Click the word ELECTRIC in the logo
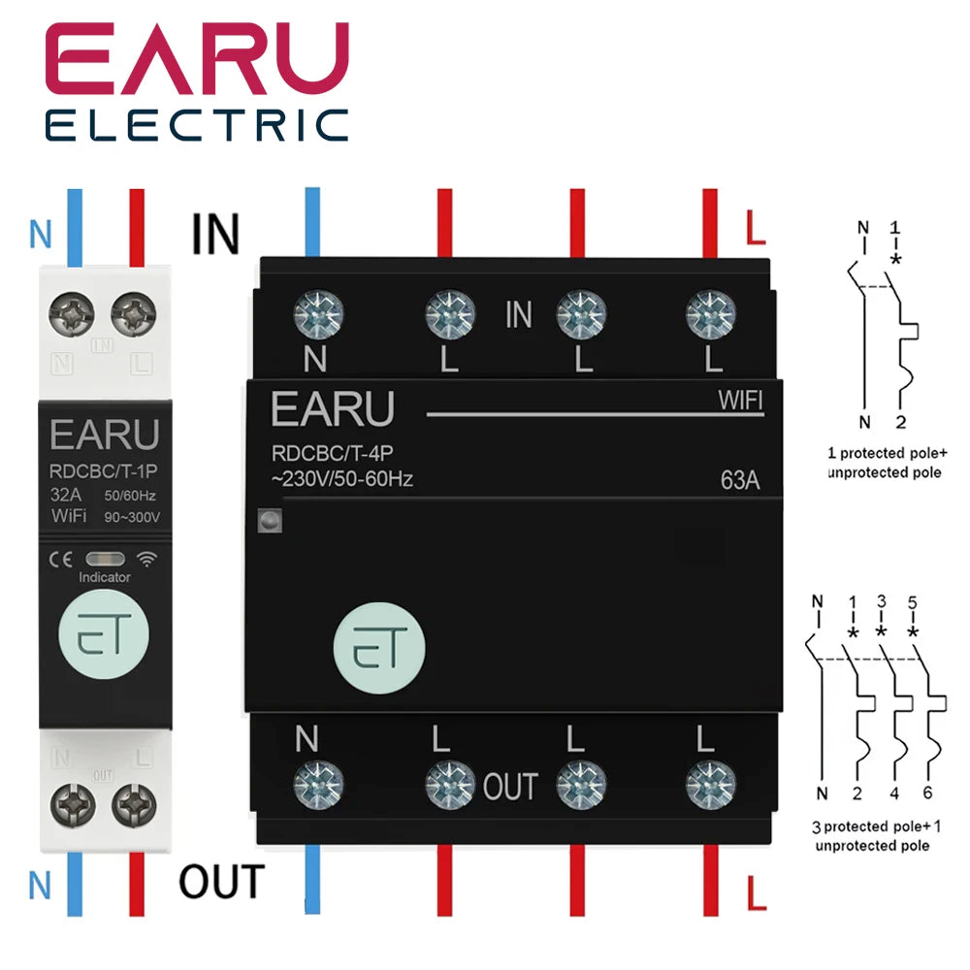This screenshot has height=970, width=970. pyautogui.click(x=197, y=125)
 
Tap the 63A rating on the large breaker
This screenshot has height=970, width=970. pyautogui.click(x=740, y=480)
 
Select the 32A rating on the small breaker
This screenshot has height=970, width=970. pyautogui.click(x=66, y=495)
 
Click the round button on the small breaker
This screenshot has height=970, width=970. pyautogui.click(x=104, y=634)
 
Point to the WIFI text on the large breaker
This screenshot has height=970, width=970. pyautogui.click(x=740, y=401)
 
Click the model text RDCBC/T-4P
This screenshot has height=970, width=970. pyautogui.click(x=332, y=453)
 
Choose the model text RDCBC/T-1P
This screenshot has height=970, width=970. pyautogui.click(x=104, y=471)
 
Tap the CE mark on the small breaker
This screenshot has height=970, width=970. pyautogui.click(x=60, y=560)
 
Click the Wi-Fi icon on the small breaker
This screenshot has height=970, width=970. pyautogui.click(x=146, y=560)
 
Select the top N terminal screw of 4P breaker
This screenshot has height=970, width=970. pyautogui.click(x=318, y=314)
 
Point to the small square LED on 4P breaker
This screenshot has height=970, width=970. pyautogui.click(x=270, y=521)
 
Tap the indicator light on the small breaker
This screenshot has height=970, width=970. pyautogui.click(x=105, y=560)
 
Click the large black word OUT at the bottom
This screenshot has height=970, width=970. pyautogui.click(x=222, y=882)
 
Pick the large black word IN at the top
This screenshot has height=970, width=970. pyautogui.click(x=215, y=234)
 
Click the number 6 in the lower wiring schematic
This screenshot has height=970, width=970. pyautogui.click(x=927, y=792)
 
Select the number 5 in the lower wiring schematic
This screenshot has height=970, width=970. pyautogui.click(x=913, y=602)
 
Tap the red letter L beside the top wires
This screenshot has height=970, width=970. pyautogui.click(x=756, y=227)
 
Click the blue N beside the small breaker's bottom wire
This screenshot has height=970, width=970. pyautogui.click(x=40, y=886)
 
